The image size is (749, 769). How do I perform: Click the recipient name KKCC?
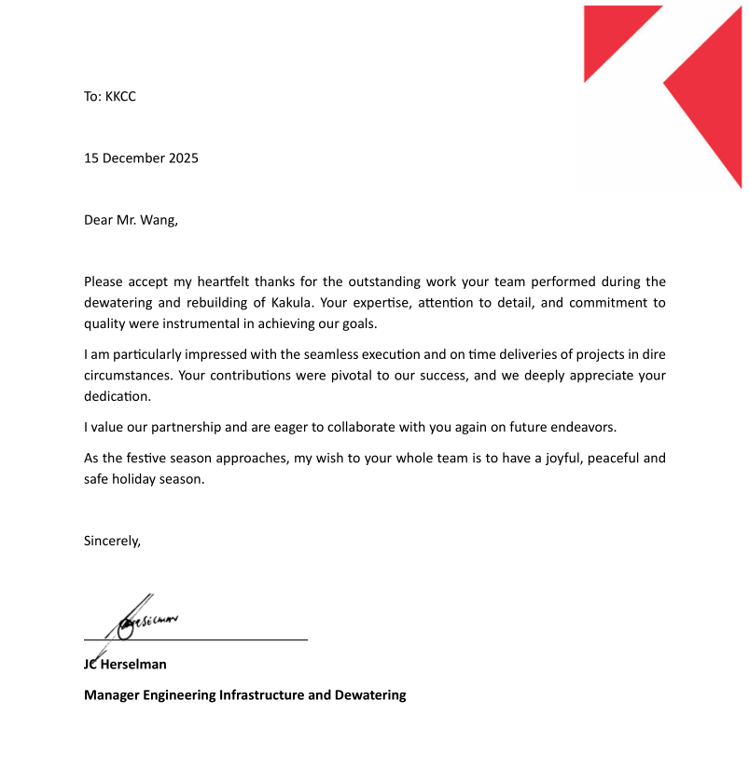120,96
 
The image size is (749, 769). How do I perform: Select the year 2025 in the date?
183,158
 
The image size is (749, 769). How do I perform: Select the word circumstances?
126,376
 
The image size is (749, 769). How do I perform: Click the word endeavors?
584,428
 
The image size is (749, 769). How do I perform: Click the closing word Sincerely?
112,541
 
